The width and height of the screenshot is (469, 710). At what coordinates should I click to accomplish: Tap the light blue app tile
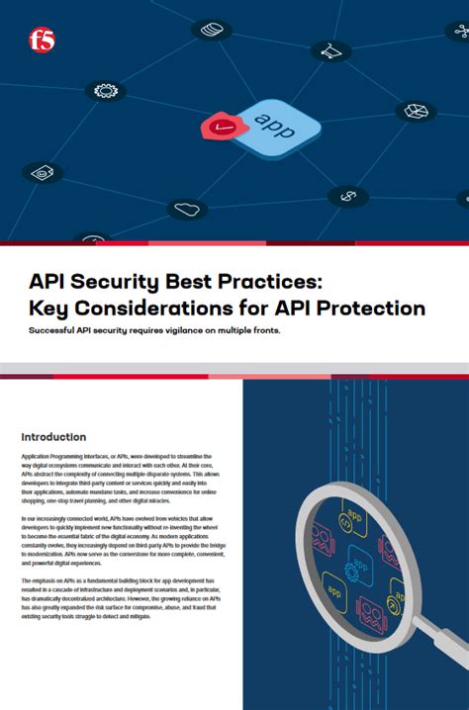point(276,127)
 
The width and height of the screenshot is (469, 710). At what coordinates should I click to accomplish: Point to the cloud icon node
point(185,208)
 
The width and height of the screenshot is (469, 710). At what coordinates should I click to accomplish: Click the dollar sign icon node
point(347,196)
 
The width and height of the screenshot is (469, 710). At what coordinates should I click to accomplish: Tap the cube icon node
point(416,111)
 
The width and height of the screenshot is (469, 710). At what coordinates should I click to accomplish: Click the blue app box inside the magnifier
point(360,561)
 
